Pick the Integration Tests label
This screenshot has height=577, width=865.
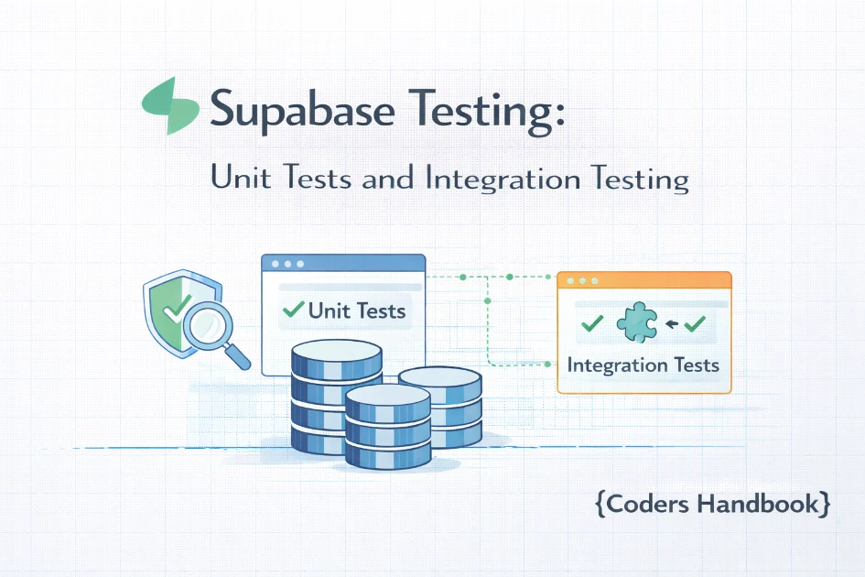click(643, 365)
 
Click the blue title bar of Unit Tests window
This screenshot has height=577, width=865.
click(343, 263)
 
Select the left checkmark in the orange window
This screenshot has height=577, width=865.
click(591, 323)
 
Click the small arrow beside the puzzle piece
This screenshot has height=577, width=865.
click(669, 323)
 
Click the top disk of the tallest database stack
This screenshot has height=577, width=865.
click(335, 352)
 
